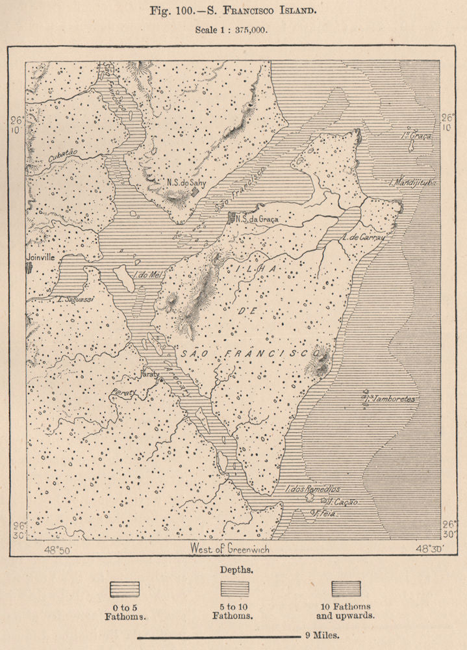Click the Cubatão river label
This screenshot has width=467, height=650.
pos(62,153)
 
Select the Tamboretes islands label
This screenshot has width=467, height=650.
pos(390,398)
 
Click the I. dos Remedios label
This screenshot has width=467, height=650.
pos(312,489)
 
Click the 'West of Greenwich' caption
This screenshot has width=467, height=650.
pos(229,549)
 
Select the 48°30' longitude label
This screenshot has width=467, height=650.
pos(430,549)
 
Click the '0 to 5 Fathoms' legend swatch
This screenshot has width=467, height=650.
pos(125,589)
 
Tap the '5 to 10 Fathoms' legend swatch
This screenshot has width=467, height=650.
pos(234,589)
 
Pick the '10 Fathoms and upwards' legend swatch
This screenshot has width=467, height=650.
pos(346,589)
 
